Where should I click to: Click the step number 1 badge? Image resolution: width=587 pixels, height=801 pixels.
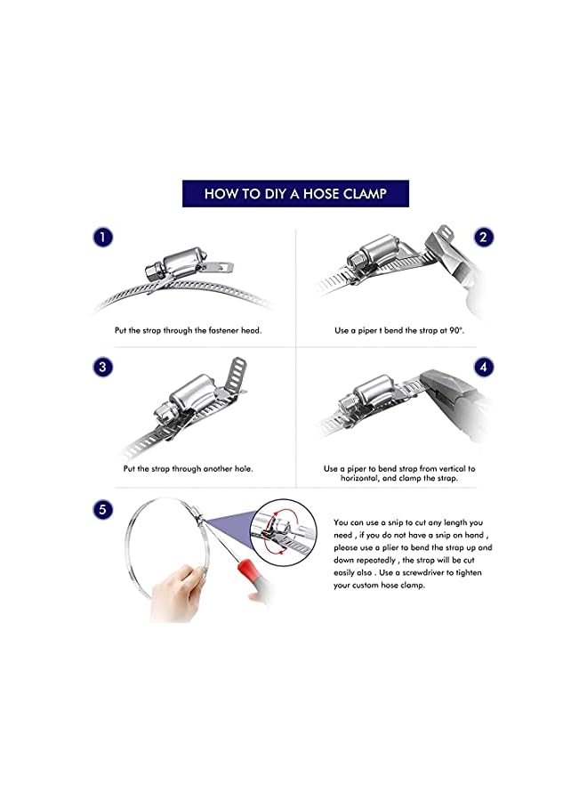[102, 237]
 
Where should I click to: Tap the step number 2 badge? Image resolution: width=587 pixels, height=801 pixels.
[483, 237]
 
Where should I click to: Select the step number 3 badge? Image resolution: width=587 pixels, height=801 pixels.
[102, 367]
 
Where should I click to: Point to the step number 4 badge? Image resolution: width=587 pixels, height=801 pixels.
[483, 367]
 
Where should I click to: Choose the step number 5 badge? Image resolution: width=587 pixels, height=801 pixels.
[102, 509]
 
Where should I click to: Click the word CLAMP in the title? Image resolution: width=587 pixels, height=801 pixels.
[365, 194]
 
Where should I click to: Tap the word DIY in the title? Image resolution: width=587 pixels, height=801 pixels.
[276, 194]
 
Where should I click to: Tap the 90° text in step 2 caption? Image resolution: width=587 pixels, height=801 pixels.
[456, 330]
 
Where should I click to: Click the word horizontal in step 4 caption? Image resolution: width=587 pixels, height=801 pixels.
[360, 479]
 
